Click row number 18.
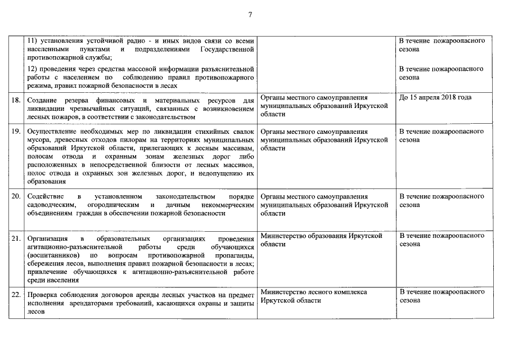click(x=16, y=100)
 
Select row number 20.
click(x=16, y=196)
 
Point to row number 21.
click(x=16, y=238)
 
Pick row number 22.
click(x=16, y=295)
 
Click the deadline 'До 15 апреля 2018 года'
click(x=435, y=97)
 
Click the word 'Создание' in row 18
click(x=43, y=100)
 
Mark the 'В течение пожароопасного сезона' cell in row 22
click(x=442, y=296)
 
